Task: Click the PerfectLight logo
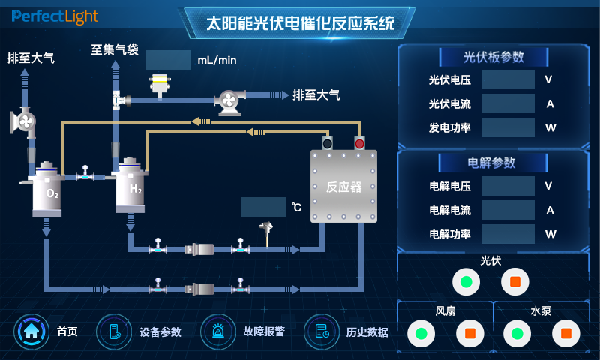(55, 16)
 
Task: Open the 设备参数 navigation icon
(114, 331)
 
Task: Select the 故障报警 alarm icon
(217, 331)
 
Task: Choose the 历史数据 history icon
(322, 331)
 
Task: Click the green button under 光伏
(466, 282)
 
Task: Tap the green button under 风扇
(421, 332)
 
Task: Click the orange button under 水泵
(566, 332)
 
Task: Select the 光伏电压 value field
(508, 79)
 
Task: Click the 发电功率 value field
(508, 127)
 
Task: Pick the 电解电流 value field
(508, 210)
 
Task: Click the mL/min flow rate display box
(169, 60)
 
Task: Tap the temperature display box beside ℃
(264, 207)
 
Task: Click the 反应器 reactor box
(344, 186)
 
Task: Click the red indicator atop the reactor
(359, 143)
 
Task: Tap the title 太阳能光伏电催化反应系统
(300, 23)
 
